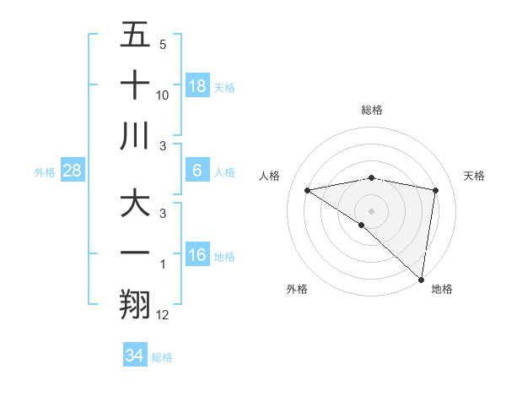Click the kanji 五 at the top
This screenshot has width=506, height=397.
(135, 36)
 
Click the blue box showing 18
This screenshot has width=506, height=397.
(197, 86)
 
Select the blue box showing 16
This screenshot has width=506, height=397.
(197, 256)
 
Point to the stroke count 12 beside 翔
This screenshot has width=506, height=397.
(163, 315)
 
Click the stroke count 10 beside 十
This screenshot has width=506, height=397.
(163, 95)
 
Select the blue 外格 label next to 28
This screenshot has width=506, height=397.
(45, 172)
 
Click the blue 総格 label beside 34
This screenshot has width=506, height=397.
(162, 357)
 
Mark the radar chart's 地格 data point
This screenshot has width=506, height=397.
(420, 279)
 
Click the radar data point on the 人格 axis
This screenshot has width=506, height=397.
(308, 190)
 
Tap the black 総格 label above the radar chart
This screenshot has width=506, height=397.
(371, 110)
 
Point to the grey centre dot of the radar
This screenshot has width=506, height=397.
(371, 210)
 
